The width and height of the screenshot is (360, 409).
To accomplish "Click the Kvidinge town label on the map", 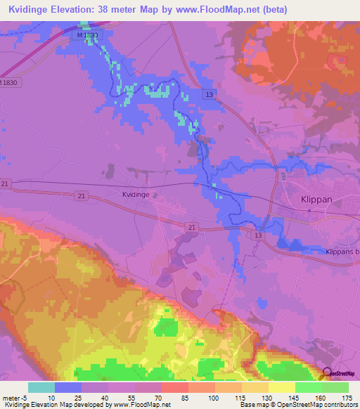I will click(x=136, y=195).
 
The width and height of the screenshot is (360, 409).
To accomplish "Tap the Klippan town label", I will click(x=315, y=200).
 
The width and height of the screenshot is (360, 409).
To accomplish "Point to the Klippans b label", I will click(x=342, y=252).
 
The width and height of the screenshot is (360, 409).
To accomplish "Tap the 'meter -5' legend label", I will click(x=15, y=398).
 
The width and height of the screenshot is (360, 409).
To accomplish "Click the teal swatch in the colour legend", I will click(x=41, y=387).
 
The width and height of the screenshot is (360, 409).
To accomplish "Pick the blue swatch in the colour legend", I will click(x=68, y=387).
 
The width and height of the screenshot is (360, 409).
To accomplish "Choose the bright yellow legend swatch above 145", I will click(x=281, y=387).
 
